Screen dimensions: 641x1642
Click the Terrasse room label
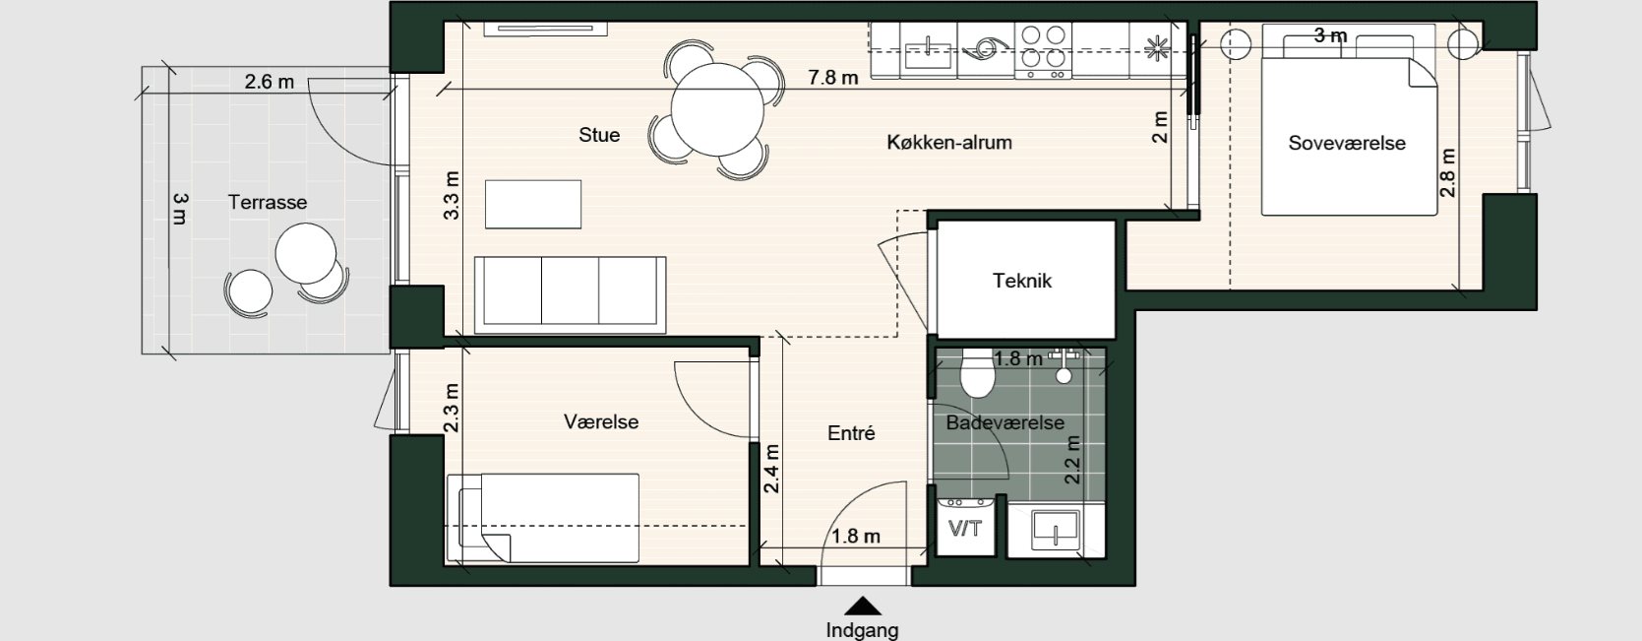pos(268,202)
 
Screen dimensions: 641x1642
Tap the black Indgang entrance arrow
pos(863,607)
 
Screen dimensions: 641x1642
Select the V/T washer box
pos(965,528)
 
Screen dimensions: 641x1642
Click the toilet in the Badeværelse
pos(978,373)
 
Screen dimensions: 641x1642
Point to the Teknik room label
pos(1022,281)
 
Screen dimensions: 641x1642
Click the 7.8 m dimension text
pos(833,77)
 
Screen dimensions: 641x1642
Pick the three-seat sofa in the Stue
pos(571,292)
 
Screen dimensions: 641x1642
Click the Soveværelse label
pos(1347,143)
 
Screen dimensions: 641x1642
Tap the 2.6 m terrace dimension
pos(270,82)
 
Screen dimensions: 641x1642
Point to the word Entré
pos(851,432)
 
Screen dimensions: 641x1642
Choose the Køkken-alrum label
pos(949,142)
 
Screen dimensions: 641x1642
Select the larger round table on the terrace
pos(306,253)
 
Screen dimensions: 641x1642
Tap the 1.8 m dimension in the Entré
pos(856,537)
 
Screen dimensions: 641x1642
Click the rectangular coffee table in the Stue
pos(532,204)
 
